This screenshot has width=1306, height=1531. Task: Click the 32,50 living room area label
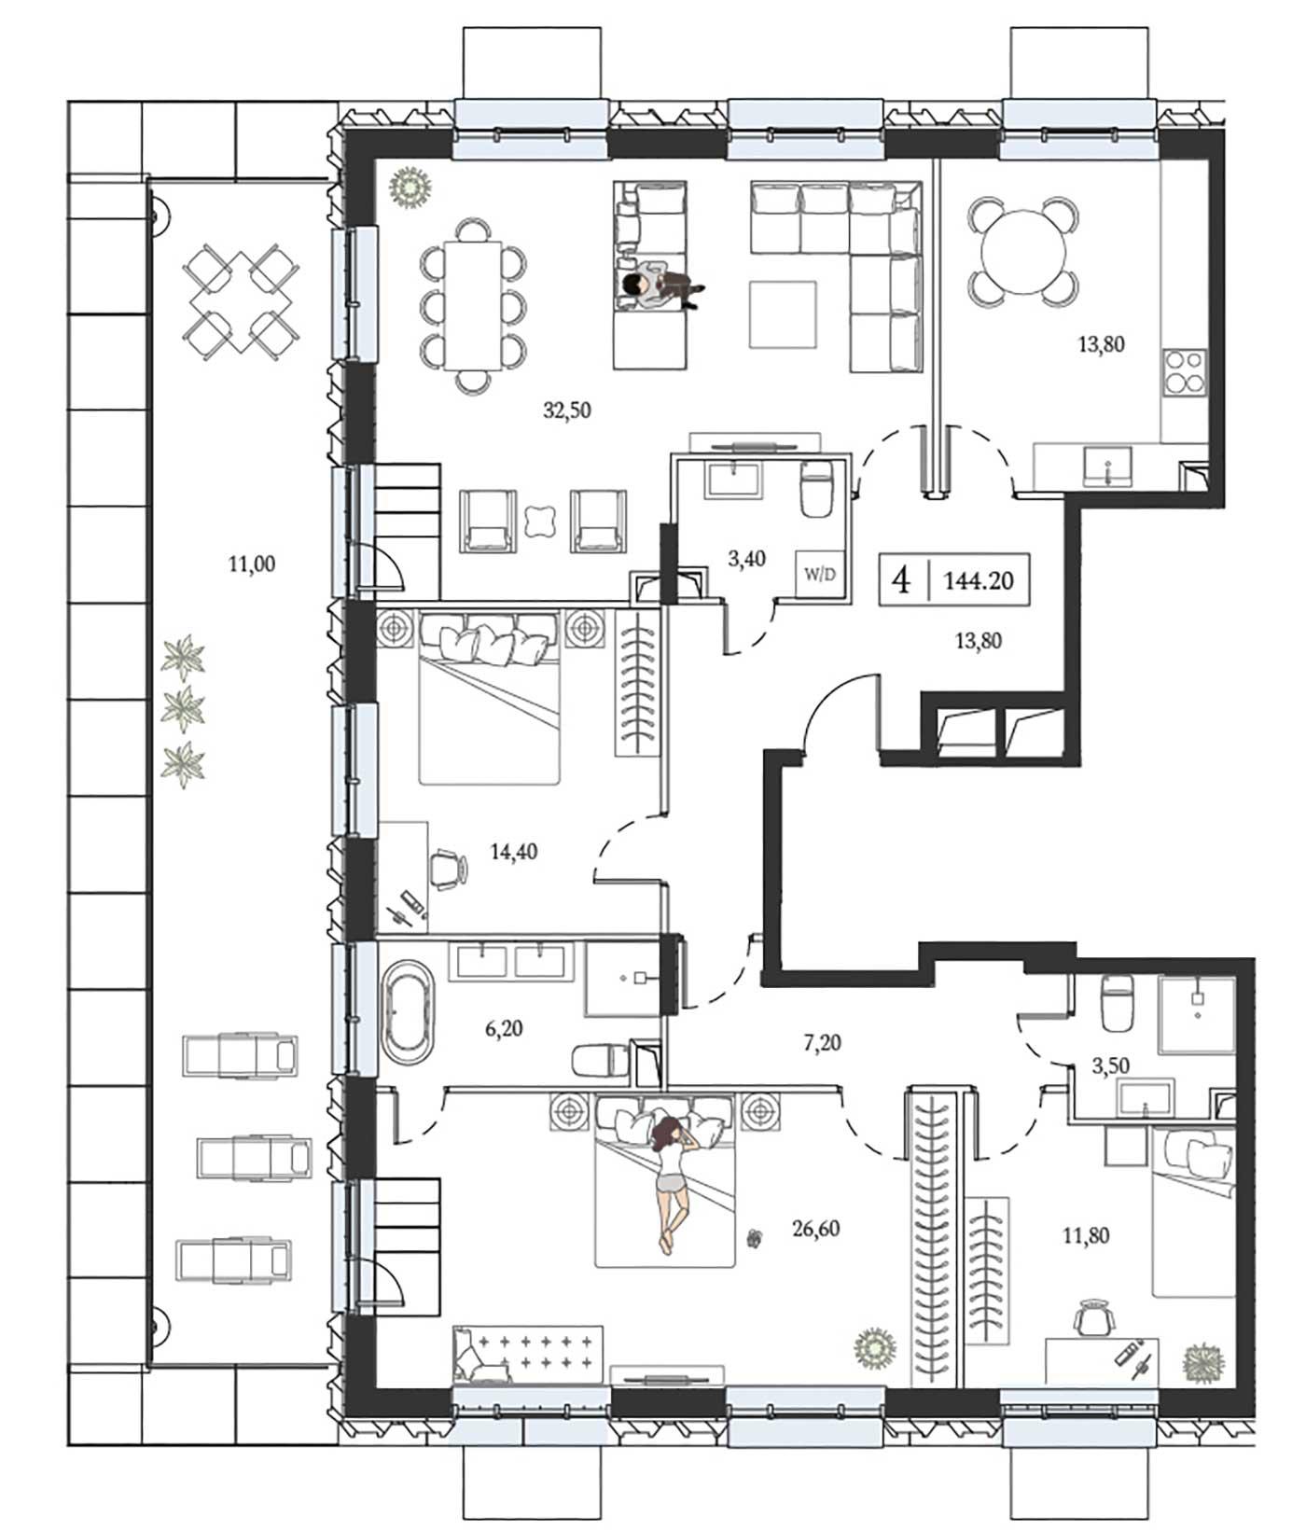point(567,409)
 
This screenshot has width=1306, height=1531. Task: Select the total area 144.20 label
point(979,580)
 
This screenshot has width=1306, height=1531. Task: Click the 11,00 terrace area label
point(251,564)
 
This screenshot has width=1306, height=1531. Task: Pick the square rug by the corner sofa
point(784,314)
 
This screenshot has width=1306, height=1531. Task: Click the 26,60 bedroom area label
point(815,1229)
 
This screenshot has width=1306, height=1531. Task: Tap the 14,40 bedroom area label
point(514,851)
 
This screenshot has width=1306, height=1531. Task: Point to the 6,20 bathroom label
point(504,1029)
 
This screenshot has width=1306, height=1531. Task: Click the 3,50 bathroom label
point(1110,1066)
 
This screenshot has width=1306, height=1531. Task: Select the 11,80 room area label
point(1086,1236)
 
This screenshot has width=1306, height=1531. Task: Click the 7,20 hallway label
point(822,1043)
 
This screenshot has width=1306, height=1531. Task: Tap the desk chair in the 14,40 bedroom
point(449,868)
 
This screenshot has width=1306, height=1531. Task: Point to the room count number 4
point(901,580)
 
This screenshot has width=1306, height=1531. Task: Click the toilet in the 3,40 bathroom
point(816,489)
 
